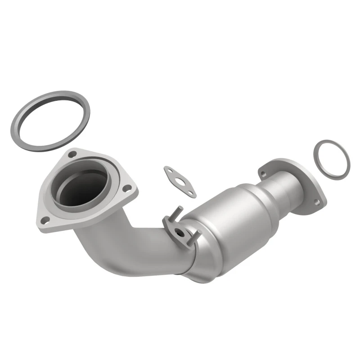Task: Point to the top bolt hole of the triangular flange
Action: tap(72, 155)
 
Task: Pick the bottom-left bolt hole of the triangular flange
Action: tap(45, 220)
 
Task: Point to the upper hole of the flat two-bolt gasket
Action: tap(168, 170)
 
